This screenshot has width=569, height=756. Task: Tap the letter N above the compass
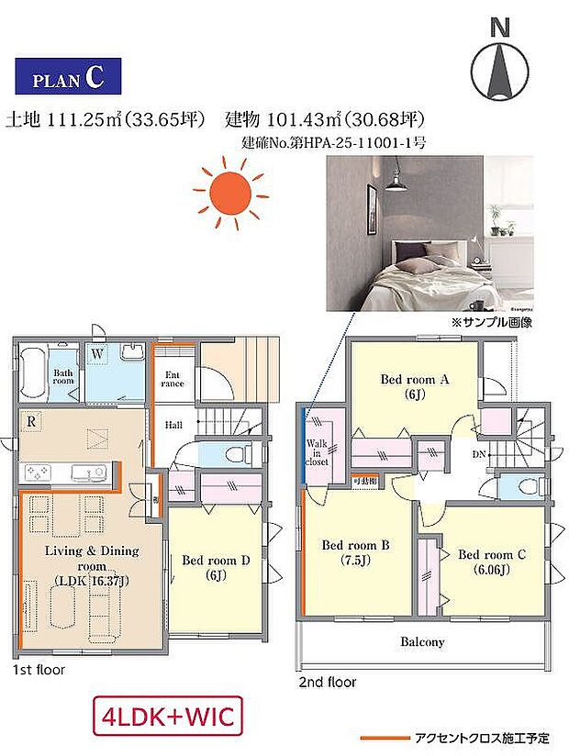tap(500, 28)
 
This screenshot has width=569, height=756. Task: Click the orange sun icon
tap(230, 193)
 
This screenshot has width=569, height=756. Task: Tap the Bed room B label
tap(356, 551)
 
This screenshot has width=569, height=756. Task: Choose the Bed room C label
tap(493, 561)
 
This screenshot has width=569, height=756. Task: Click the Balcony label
tap(422, 642)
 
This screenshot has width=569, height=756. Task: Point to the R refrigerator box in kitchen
tap(33, 423)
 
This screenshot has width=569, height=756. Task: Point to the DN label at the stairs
tap(479, 453)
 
